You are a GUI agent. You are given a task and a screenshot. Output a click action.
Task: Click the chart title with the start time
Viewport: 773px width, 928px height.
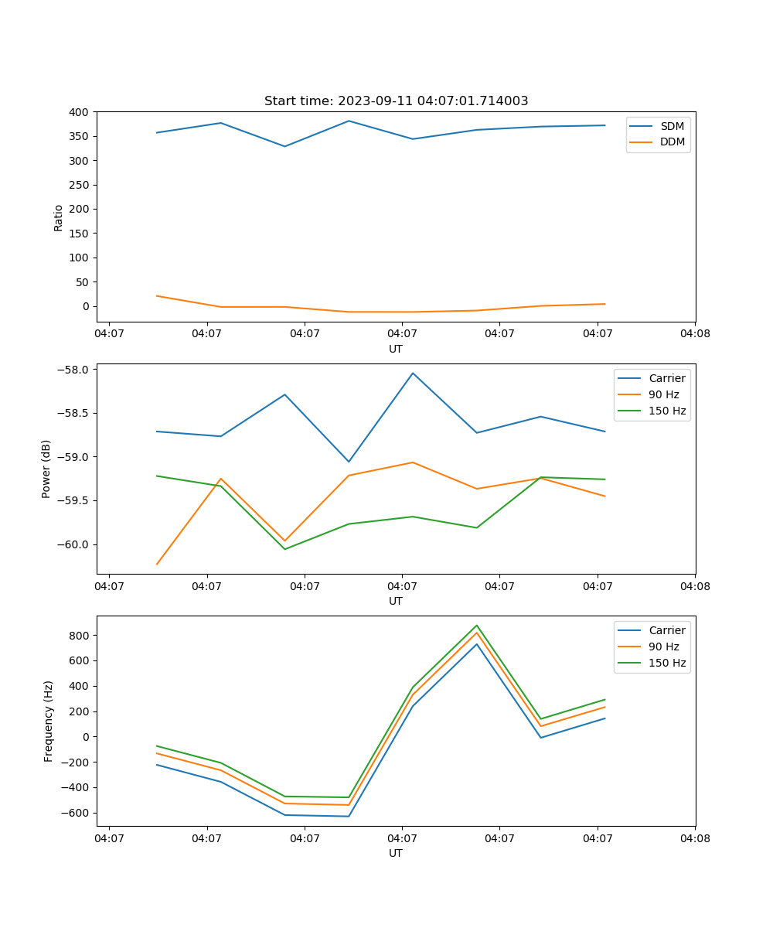396,101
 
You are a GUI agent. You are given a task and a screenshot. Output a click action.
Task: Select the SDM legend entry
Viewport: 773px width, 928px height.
672,126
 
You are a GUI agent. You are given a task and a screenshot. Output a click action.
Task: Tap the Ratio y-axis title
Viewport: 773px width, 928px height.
59,217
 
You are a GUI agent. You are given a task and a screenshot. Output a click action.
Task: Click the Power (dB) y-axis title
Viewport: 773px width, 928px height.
46,469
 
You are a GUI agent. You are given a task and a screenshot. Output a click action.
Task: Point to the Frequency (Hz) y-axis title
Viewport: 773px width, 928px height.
48,721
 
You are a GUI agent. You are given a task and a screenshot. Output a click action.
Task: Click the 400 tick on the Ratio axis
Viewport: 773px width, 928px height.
79,112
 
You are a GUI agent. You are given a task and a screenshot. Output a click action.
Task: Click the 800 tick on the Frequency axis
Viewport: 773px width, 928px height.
79,636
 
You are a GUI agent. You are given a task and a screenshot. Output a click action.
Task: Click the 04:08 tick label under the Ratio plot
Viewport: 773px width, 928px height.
694,334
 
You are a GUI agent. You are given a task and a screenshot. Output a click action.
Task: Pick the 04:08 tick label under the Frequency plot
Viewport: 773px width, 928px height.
694,838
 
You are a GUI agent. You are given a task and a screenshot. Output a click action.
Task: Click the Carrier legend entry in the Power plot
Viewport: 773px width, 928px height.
666,378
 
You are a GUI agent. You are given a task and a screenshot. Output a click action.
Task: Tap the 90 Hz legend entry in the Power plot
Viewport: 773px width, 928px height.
663,394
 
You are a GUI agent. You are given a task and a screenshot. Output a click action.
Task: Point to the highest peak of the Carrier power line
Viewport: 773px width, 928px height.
413,374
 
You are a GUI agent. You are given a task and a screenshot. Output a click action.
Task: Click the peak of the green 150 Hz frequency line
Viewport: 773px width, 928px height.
477,626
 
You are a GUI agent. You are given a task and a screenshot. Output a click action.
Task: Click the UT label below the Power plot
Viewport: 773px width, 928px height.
396,601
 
